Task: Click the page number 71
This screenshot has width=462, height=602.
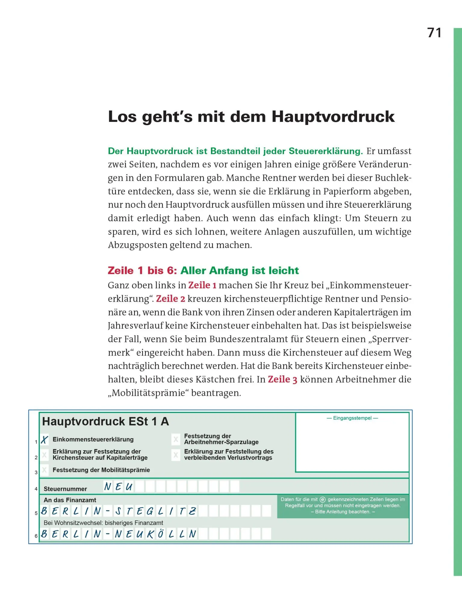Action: (x=434, y=33)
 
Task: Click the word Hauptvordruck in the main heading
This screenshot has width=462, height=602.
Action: (x=333, y=117)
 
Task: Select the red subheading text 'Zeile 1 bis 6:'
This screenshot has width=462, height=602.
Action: (x=142, y=271)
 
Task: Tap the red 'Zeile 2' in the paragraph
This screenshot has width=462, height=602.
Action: (x=171, y=299)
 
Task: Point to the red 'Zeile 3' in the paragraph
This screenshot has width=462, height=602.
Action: (x=282, y=380)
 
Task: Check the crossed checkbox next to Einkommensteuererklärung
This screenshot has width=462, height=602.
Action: (x=45, y=440)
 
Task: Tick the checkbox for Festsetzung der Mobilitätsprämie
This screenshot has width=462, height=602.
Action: (x=44, y=470)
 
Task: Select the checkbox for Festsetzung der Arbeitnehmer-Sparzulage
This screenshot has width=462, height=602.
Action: (x=176, y=439)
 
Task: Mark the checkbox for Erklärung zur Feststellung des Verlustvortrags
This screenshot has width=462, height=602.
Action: (x=176, y=455)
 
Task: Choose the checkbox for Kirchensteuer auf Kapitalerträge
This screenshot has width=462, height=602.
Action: (x=44, y=455)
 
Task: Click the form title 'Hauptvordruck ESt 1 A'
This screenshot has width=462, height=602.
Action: (x=105, y=421)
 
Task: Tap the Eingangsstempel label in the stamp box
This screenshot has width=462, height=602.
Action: (x=352, y=418)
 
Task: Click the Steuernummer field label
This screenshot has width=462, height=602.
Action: (x=65, y=489)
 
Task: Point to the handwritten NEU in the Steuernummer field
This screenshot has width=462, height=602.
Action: (x=118, y=486)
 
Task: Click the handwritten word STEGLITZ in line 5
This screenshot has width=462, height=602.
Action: (x=156, y=511)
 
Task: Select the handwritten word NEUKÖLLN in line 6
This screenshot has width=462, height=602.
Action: (x=156, y=534)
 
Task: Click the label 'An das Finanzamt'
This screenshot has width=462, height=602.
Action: (x=70, y=500)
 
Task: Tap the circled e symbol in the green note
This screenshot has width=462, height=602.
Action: (x=323, y=499)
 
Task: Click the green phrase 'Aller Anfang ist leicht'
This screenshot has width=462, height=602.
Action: (x=240, y=271)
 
